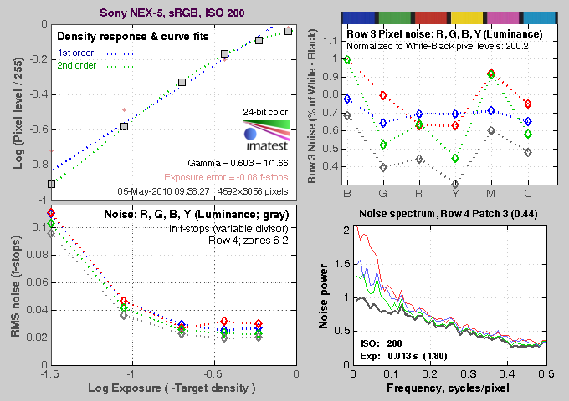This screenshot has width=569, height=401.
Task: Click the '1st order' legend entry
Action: click(77, 52)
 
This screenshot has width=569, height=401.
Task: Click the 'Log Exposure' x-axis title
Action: click(172, 390)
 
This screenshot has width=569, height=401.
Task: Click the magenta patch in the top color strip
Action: click(502, 17)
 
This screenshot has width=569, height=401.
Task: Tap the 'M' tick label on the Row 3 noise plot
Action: click(490, 195)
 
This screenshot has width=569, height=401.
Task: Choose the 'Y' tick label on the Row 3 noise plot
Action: click(454, 195)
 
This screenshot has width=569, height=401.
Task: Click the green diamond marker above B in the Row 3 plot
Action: click(347, 60)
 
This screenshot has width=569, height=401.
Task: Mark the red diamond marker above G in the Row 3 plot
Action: click(383, 95)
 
